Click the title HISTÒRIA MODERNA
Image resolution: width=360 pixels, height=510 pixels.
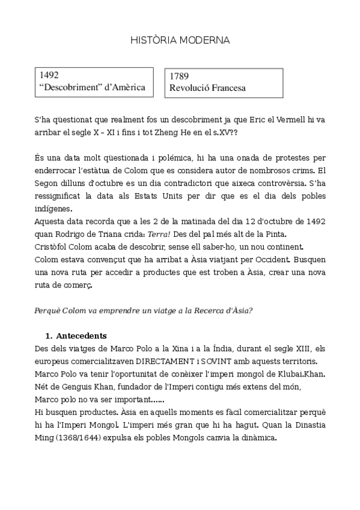click(180, 40)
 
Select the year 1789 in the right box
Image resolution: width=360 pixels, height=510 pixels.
click(179, 76)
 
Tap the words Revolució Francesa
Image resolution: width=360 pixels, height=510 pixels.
click(207, 88)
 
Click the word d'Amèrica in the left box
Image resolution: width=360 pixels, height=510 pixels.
click(124, 88)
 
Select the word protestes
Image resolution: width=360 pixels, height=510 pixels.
click(294, 159)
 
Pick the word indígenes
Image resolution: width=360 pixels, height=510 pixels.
click(53, 209)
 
